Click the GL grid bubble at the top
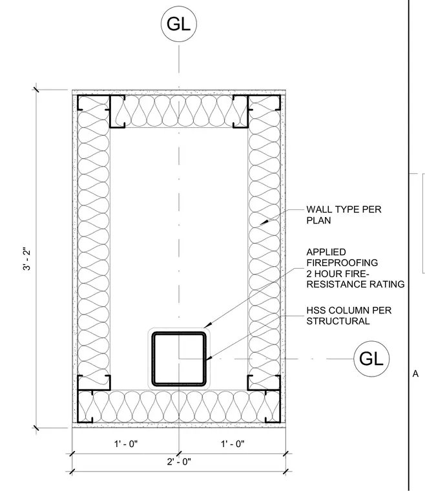179,24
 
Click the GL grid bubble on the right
371,359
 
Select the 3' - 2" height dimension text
27,260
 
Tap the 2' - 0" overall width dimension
179,461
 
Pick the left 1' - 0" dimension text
126,444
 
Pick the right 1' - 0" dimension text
233,444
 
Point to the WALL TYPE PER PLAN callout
344,214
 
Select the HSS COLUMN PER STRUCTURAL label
349,316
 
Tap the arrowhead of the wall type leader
264,222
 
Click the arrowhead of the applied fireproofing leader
208,325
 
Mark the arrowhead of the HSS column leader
209,358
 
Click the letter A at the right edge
415,373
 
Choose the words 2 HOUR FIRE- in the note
338,274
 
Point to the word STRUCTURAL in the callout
338,321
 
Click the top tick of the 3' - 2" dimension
36,90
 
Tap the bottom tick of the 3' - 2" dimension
36,428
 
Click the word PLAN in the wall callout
318,220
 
